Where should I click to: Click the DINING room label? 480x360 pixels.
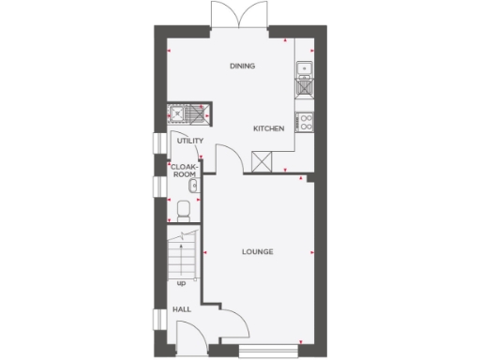pyautogui.click(x=243, y=66)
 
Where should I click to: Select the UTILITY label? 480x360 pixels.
pyautogui.click(x=190, y=142)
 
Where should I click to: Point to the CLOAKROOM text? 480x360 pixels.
pyautogui.click(x=185, y=172)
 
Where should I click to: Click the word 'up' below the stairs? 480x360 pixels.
pyautogui.click(x=180, y=280)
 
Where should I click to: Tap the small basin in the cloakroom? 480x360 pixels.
pyautogui.click(x=192, y=186)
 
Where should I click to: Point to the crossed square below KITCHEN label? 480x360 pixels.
pyautogui.click(x=262, y=161)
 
